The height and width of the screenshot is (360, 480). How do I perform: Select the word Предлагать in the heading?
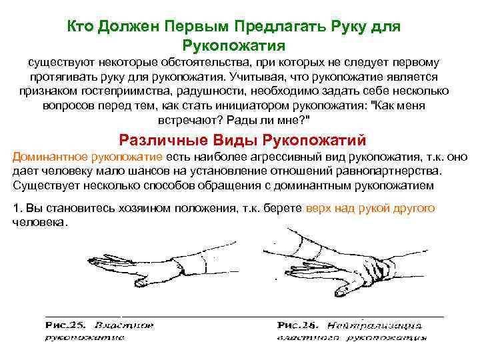point(276,26)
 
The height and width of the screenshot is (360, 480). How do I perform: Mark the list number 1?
point(16,208)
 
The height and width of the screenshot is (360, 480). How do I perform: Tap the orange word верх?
point(316,208)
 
